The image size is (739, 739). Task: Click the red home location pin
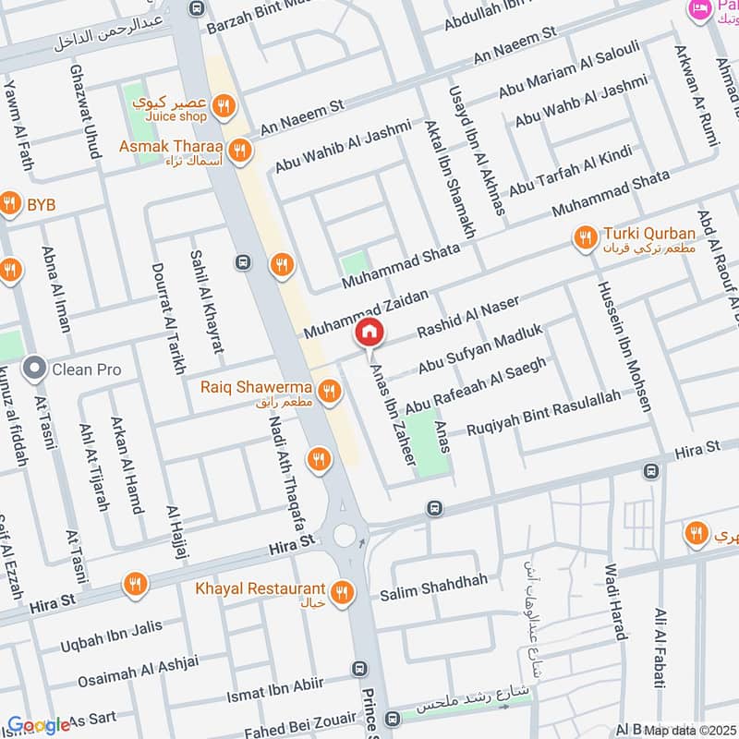point(369,331)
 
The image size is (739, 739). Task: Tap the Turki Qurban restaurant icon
point(584,239)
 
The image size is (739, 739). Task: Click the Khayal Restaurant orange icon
point(344,590)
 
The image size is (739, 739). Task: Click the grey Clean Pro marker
point(35,369)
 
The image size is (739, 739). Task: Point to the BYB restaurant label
point(42,203)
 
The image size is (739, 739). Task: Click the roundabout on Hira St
point(346,535)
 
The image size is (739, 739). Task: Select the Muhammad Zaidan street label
point(367,313)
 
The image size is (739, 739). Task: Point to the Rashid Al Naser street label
point(467,316)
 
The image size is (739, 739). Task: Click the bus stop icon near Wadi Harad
point(650,471)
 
